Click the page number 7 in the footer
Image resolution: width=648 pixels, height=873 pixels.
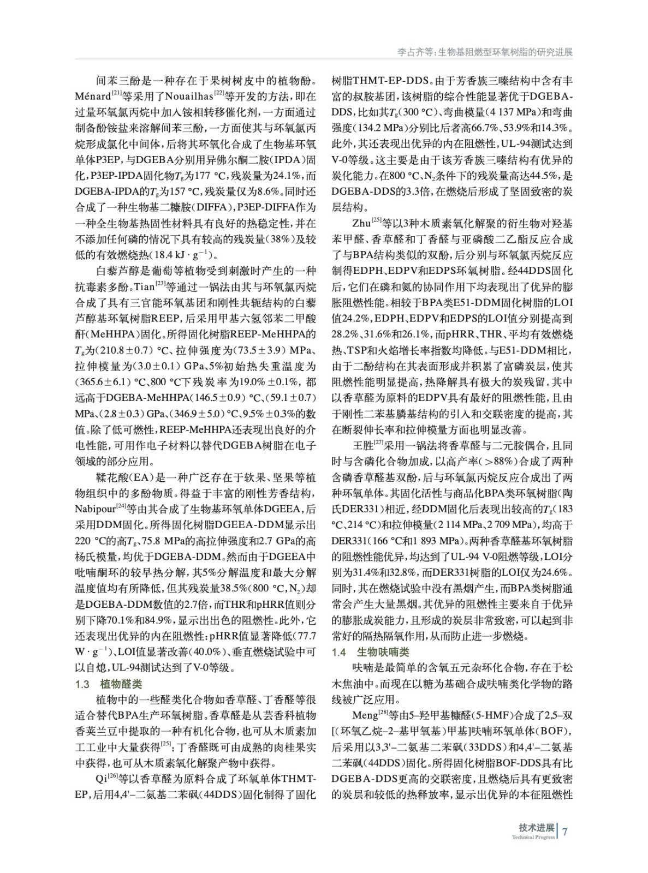566,832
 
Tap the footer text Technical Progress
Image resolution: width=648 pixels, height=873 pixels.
533,837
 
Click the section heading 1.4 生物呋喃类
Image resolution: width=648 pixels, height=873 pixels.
371,652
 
